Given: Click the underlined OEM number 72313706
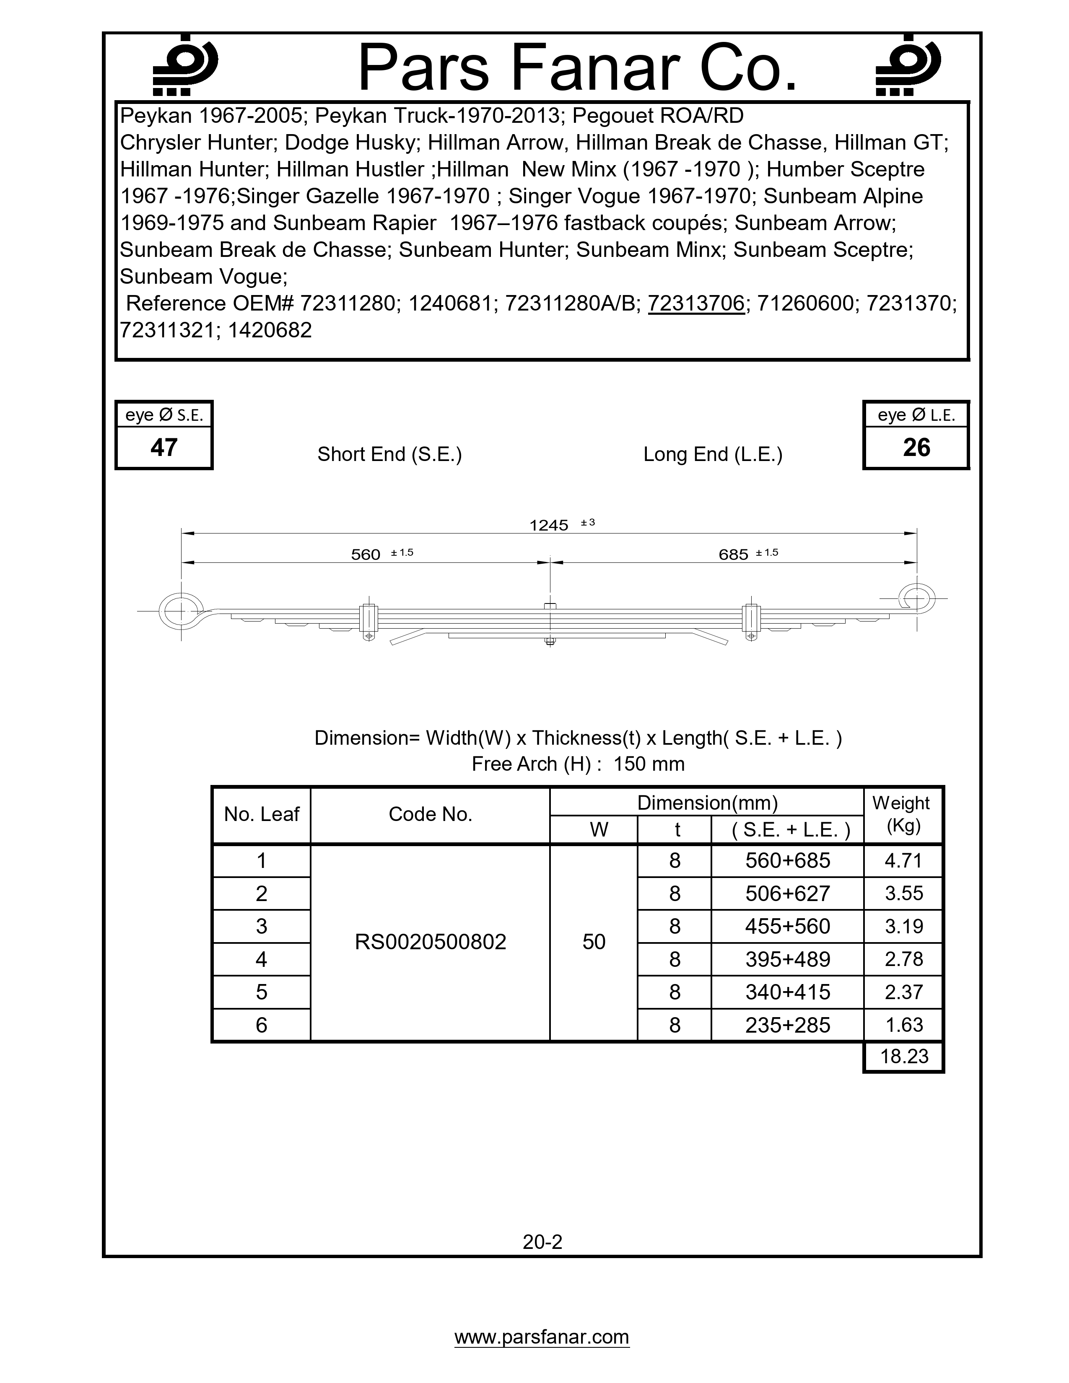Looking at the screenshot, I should [x=696, y=304].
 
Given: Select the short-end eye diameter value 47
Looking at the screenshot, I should [x=164, y=448].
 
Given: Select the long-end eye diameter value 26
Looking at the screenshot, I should [x=916, y=448].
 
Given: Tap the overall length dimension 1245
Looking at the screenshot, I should [x=549, y=526].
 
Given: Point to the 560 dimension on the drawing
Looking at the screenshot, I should [x=366, y=555].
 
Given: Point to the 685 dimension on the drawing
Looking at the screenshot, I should [x=733, y=555].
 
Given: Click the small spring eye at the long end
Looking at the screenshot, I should [x=916, y=598].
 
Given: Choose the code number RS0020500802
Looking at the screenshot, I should [x=431, y=942].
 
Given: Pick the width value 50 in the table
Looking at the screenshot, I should [x=594, y=942].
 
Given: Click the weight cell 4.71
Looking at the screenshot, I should [x=904, y=861].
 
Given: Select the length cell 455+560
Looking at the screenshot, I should [x=788, y=927].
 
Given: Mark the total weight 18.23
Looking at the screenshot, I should [x=904, y=1056].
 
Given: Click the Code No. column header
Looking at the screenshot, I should [x=431, y=814].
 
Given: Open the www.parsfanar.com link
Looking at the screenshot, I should [x=542, y=1337].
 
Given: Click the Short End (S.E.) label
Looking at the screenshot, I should [x=389, y=455].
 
